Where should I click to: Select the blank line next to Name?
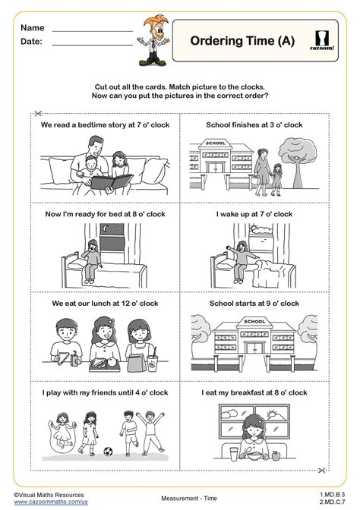[x=92, y=30]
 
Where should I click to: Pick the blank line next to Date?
[x=92, y=44]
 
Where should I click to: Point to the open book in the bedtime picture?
[x=101, y=180]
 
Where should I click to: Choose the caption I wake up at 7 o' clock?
[x=254, y=215]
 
